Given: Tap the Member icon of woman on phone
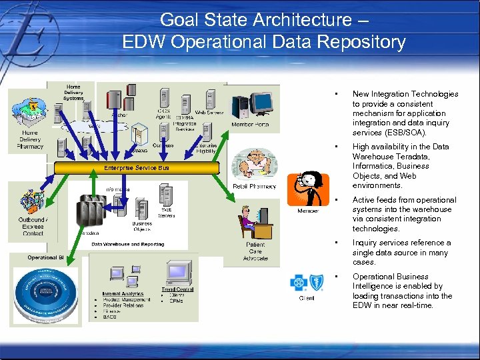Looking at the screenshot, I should (307, 189).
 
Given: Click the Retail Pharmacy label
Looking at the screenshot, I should (254, 186).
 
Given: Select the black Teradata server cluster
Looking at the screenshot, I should (93, 211).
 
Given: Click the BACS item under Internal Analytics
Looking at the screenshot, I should (110, 317).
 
